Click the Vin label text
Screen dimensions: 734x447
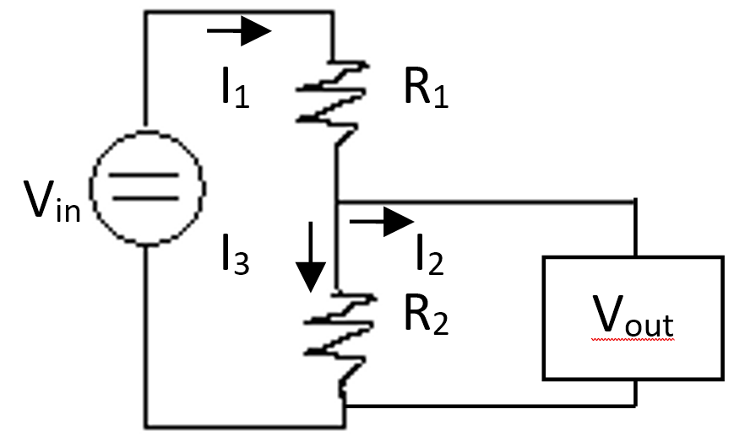point(52,201)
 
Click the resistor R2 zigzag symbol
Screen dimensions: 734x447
point(339,343)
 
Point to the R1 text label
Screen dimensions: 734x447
point(426,88)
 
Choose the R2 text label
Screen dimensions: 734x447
point(426,315)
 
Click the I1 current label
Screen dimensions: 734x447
point(236,88)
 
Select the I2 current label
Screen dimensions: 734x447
point(430,254)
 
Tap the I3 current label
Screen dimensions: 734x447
point(236,254)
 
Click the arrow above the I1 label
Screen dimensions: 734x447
point(239,31)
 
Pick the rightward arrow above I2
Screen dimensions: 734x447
point(382,221)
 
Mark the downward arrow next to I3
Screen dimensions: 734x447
point(311,256)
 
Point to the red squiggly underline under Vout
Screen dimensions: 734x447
point(633,339)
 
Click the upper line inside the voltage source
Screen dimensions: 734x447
point(144,175)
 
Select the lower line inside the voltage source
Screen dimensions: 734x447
point(145,198)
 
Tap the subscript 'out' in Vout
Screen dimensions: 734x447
point(650,325)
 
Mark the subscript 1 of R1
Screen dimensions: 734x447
point(441,97)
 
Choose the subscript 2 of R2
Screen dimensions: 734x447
point(441,324)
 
